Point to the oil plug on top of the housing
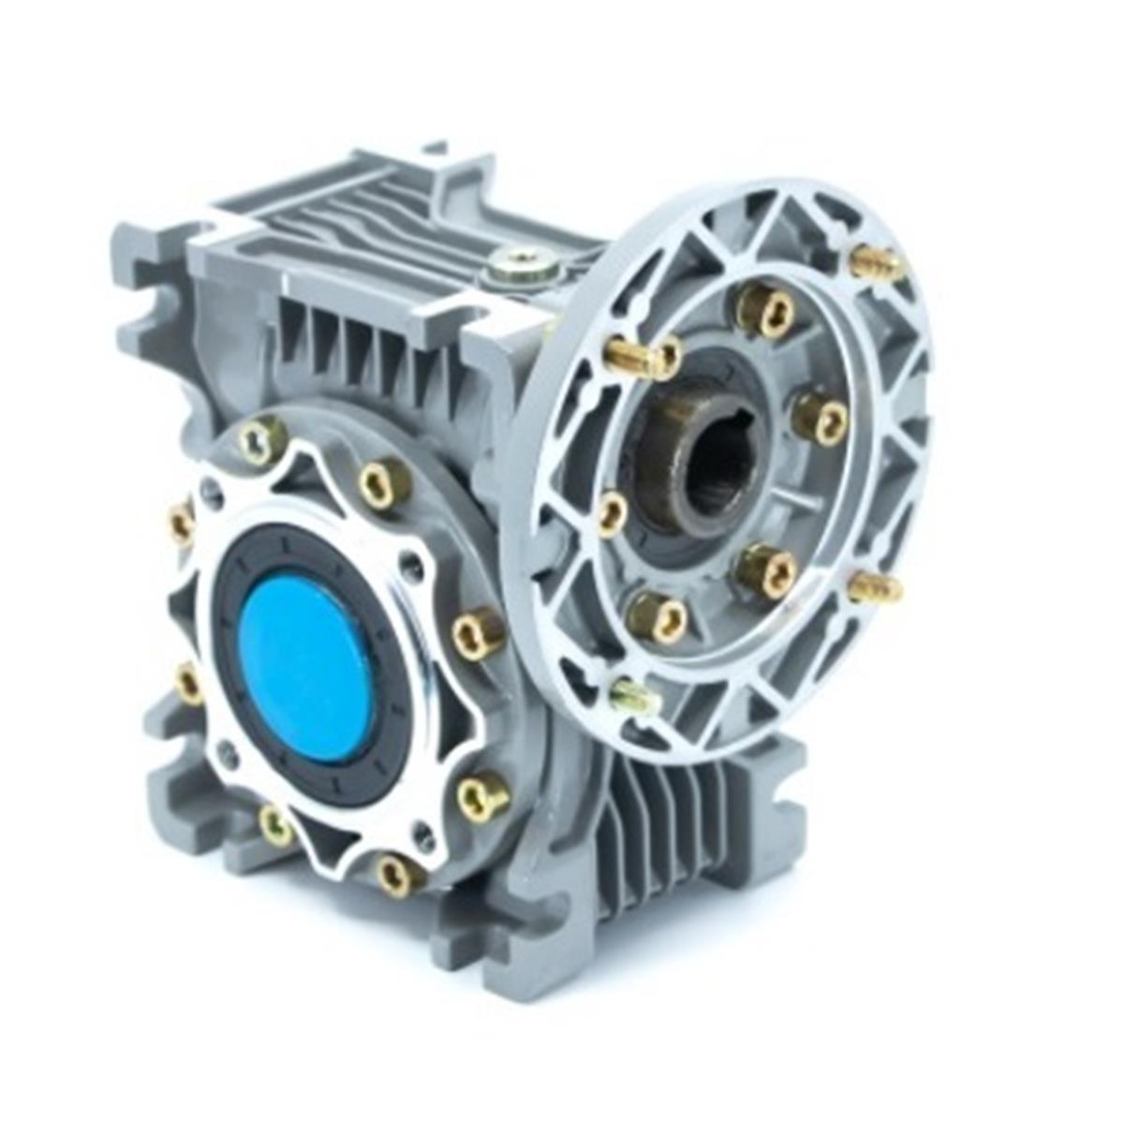coord(524,266)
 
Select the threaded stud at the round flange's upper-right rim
coord(877,263)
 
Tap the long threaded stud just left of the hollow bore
coord(643,357)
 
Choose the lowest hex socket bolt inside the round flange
coord(657,617)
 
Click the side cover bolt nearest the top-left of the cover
coord(262,440)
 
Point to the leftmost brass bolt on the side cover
coord(181,523)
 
